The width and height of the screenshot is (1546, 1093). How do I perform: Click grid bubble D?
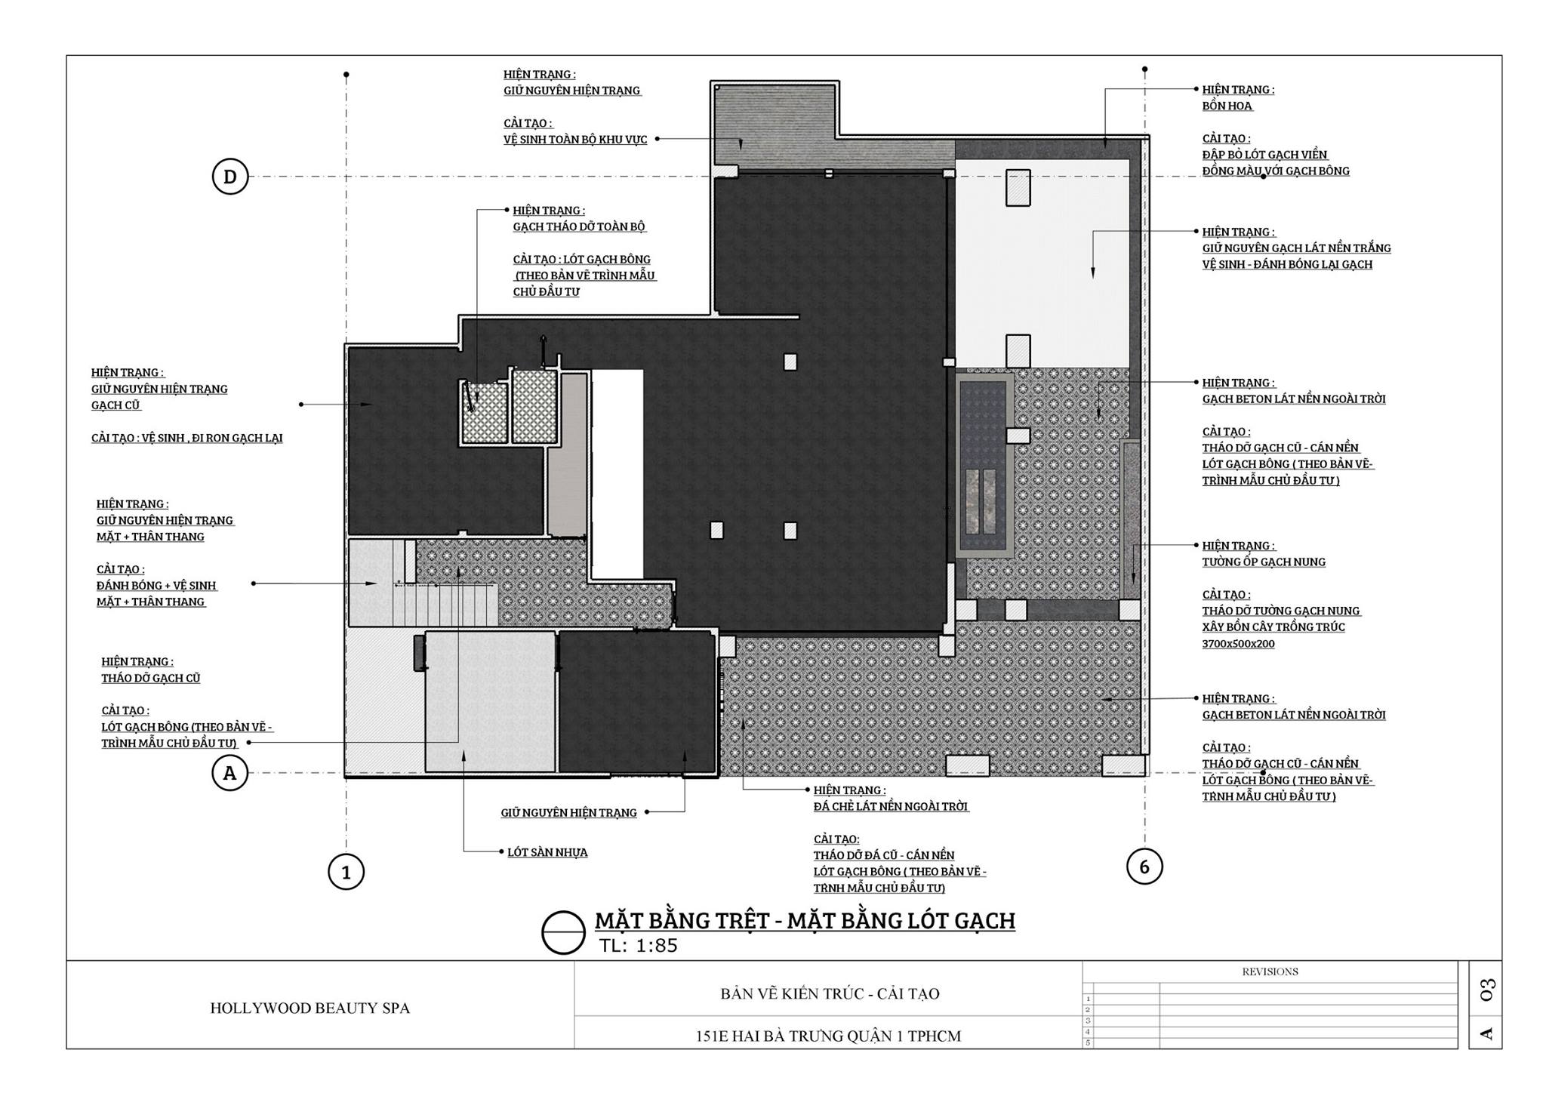pos(230,177)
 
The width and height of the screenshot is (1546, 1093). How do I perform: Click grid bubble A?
pos(230,773)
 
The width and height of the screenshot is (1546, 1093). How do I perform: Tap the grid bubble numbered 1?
pos(346,873)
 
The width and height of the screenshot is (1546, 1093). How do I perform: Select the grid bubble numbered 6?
pos(1144,867)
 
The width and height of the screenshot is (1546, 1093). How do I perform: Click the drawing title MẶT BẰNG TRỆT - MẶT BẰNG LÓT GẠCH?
pos(805,921)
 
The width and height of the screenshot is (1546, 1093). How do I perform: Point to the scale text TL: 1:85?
pos(638,946)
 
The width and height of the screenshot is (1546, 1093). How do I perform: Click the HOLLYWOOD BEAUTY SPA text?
pos(310,1008)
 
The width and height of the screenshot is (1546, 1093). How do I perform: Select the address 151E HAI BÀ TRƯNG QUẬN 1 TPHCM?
pos(828,1036)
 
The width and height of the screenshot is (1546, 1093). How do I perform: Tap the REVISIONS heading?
pos(1270,971)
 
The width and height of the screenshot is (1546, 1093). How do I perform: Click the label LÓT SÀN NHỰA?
pos(547,852)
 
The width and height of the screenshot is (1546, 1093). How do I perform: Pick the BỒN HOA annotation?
pos(1227,106)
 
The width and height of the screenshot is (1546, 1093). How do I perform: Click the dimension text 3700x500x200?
pos(1239,644)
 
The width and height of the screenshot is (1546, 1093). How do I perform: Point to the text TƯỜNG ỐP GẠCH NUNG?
pos(1264,562)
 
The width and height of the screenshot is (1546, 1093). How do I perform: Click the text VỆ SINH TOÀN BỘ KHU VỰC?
pos(575,140)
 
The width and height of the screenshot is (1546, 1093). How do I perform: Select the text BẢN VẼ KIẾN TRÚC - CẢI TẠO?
pos(830,993)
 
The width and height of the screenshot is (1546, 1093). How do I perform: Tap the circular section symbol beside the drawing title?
pos(564,932)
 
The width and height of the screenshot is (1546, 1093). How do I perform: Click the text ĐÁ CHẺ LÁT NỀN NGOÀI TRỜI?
pos(891,806)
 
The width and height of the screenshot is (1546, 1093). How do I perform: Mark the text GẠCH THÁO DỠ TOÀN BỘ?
pos(580,226)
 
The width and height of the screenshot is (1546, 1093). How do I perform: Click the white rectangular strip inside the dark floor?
pos(617,473)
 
